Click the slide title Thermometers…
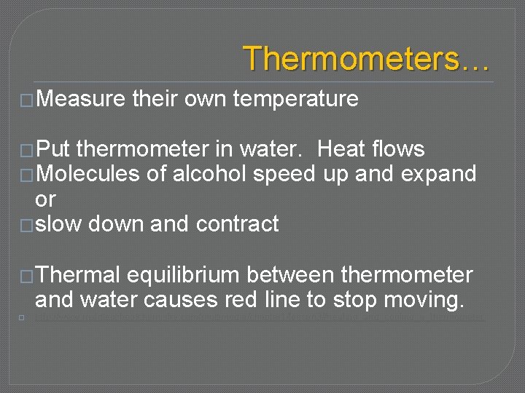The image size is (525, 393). (366, 58)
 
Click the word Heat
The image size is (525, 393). (346, 150)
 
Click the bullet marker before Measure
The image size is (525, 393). (28, 100)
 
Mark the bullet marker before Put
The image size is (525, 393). (28, 151)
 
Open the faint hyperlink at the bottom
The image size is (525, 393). (259, 317)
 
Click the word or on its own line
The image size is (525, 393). (45, 199)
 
